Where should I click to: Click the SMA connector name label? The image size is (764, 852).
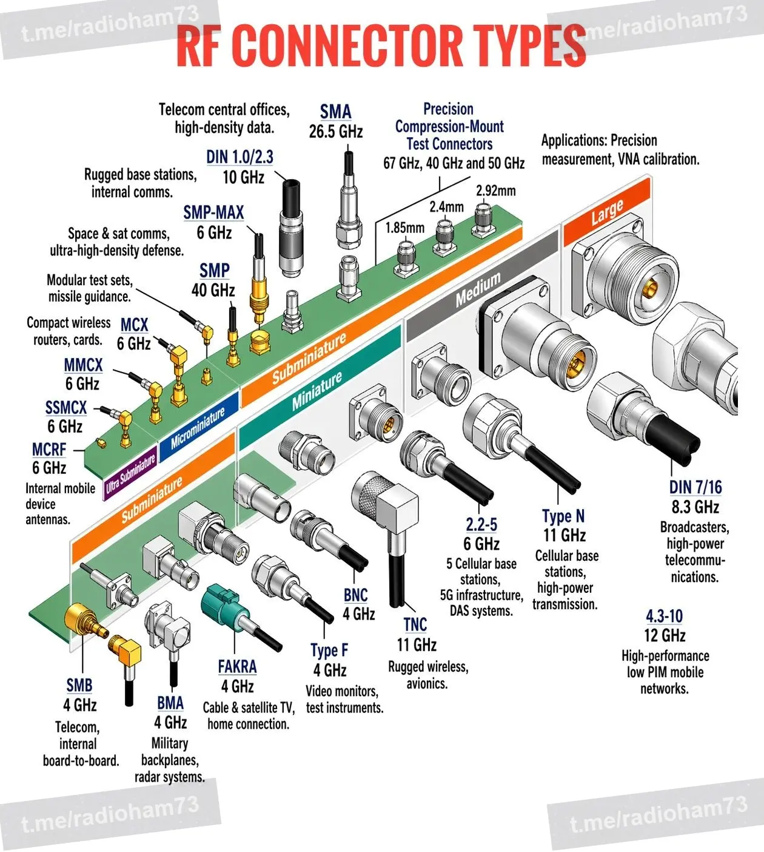pos(335,112)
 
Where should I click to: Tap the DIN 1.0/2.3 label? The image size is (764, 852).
pos(240,157)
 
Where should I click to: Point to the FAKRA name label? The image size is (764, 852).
pos(237,666)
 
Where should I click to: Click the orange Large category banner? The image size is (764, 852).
pos(607,212)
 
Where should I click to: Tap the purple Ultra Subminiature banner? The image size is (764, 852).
pos(130,476)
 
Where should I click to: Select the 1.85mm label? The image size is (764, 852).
pos(404,228)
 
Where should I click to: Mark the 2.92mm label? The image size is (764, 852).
pos(495,191)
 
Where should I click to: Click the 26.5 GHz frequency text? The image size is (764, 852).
pos(336,132)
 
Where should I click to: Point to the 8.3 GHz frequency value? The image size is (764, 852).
pos(695,507)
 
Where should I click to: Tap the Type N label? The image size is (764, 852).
pos(563,516)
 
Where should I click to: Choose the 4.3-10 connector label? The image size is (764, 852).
pos(665,616)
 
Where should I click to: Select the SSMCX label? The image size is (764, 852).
pos(66,408)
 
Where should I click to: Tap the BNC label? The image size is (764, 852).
pos(355,595)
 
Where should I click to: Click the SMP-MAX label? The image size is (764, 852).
pos(213,213)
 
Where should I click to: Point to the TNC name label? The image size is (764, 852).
pos(415,625)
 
